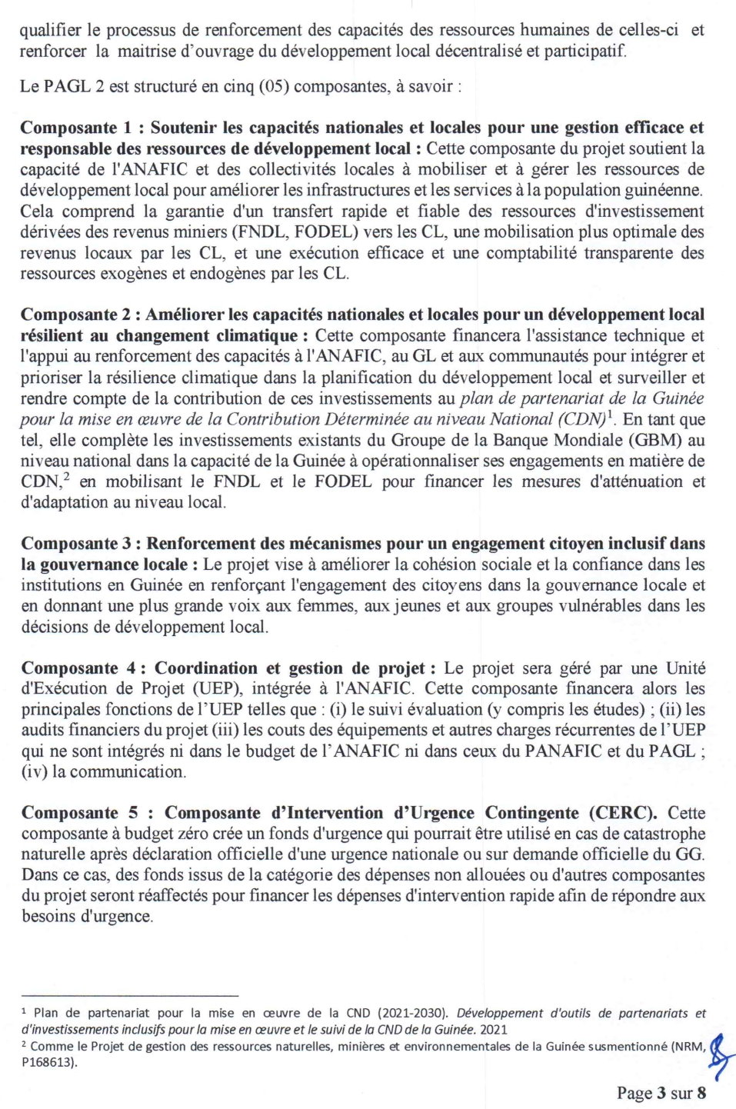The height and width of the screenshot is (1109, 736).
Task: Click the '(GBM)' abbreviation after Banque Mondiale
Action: coord(655,440)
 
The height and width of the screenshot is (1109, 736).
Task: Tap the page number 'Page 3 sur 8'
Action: coord(661,1093)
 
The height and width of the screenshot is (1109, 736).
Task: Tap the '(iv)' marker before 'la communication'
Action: coord(34,771)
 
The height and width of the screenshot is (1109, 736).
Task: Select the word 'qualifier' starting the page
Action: coord(49,30)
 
